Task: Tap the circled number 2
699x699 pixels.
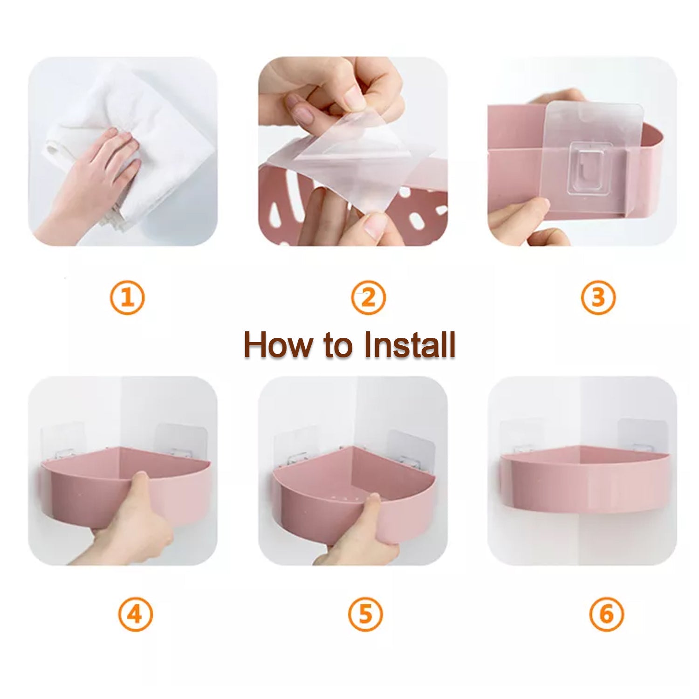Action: pos(368,297)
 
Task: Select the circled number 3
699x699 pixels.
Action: pos(598,297)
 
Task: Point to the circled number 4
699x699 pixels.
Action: pos(135,614)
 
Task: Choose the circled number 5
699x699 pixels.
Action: pos(365,614)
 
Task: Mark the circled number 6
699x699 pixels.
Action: pos(606,614)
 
